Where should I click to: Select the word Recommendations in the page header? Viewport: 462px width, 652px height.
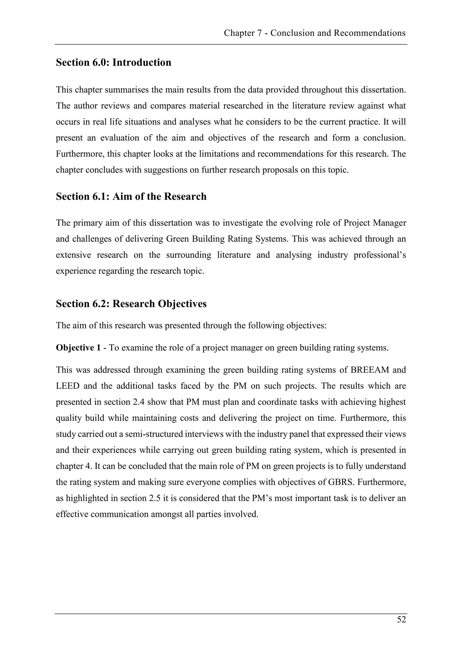370,33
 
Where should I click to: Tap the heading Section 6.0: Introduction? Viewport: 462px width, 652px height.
113,62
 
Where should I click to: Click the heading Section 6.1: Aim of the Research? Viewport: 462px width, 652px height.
131,197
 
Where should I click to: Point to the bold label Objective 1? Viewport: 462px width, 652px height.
78,348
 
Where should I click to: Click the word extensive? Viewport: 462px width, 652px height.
73,255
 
